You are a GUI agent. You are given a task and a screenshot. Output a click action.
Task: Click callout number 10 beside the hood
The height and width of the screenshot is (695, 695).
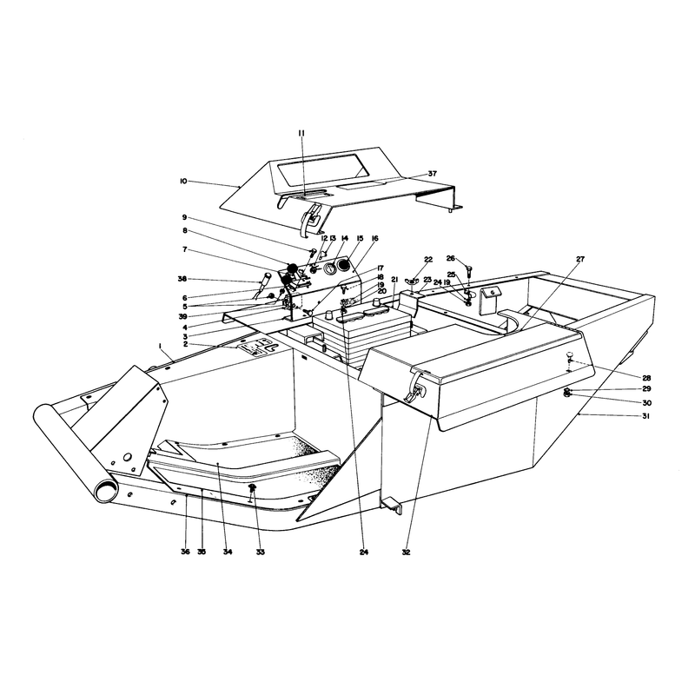[x=183, y=181]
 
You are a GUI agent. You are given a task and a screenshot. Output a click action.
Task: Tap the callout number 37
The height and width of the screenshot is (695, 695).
[x=432, y=174]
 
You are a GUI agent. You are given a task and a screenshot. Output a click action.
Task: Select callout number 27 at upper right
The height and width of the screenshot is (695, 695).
[x=580, y=259]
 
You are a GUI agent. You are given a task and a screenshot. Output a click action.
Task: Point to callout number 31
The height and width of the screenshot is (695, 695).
[x=646, y=416]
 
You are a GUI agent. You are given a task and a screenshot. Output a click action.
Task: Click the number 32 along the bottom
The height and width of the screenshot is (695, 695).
[x=406, y=552]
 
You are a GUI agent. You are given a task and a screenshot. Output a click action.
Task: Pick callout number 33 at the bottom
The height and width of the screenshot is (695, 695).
[x=260, y=552]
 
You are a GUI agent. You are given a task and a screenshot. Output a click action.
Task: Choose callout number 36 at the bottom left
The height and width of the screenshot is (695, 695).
[x=185, y=552]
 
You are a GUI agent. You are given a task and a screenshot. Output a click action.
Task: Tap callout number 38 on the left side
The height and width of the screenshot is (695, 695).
[x=182, y=279]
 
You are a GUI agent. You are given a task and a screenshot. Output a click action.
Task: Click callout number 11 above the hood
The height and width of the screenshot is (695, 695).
[x=301, y=133]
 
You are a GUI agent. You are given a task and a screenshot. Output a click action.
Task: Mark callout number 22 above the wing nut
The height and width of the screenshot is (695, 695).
[x=428, y=259]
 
